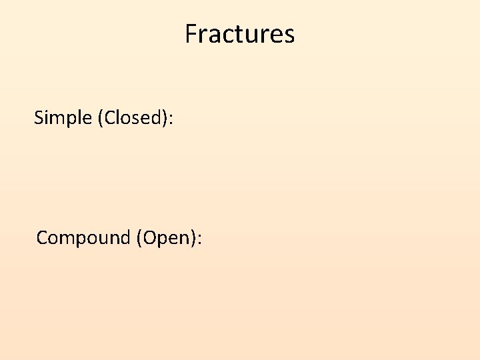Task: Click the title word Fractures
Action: (x=240, y=34)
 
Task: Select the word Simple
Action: (x=63, y=118)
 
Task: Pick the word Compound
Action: (x=83, y=237)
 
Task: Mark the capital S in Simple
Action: (x=39, y=118)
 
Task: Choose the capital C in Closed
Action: (x=109, y=118)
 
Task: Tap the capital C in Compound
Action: (x=42, y=237)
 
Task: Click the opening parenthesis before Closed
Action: (x=101, y=119)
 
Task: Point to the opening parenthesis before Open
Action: (x=139, y=238)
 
